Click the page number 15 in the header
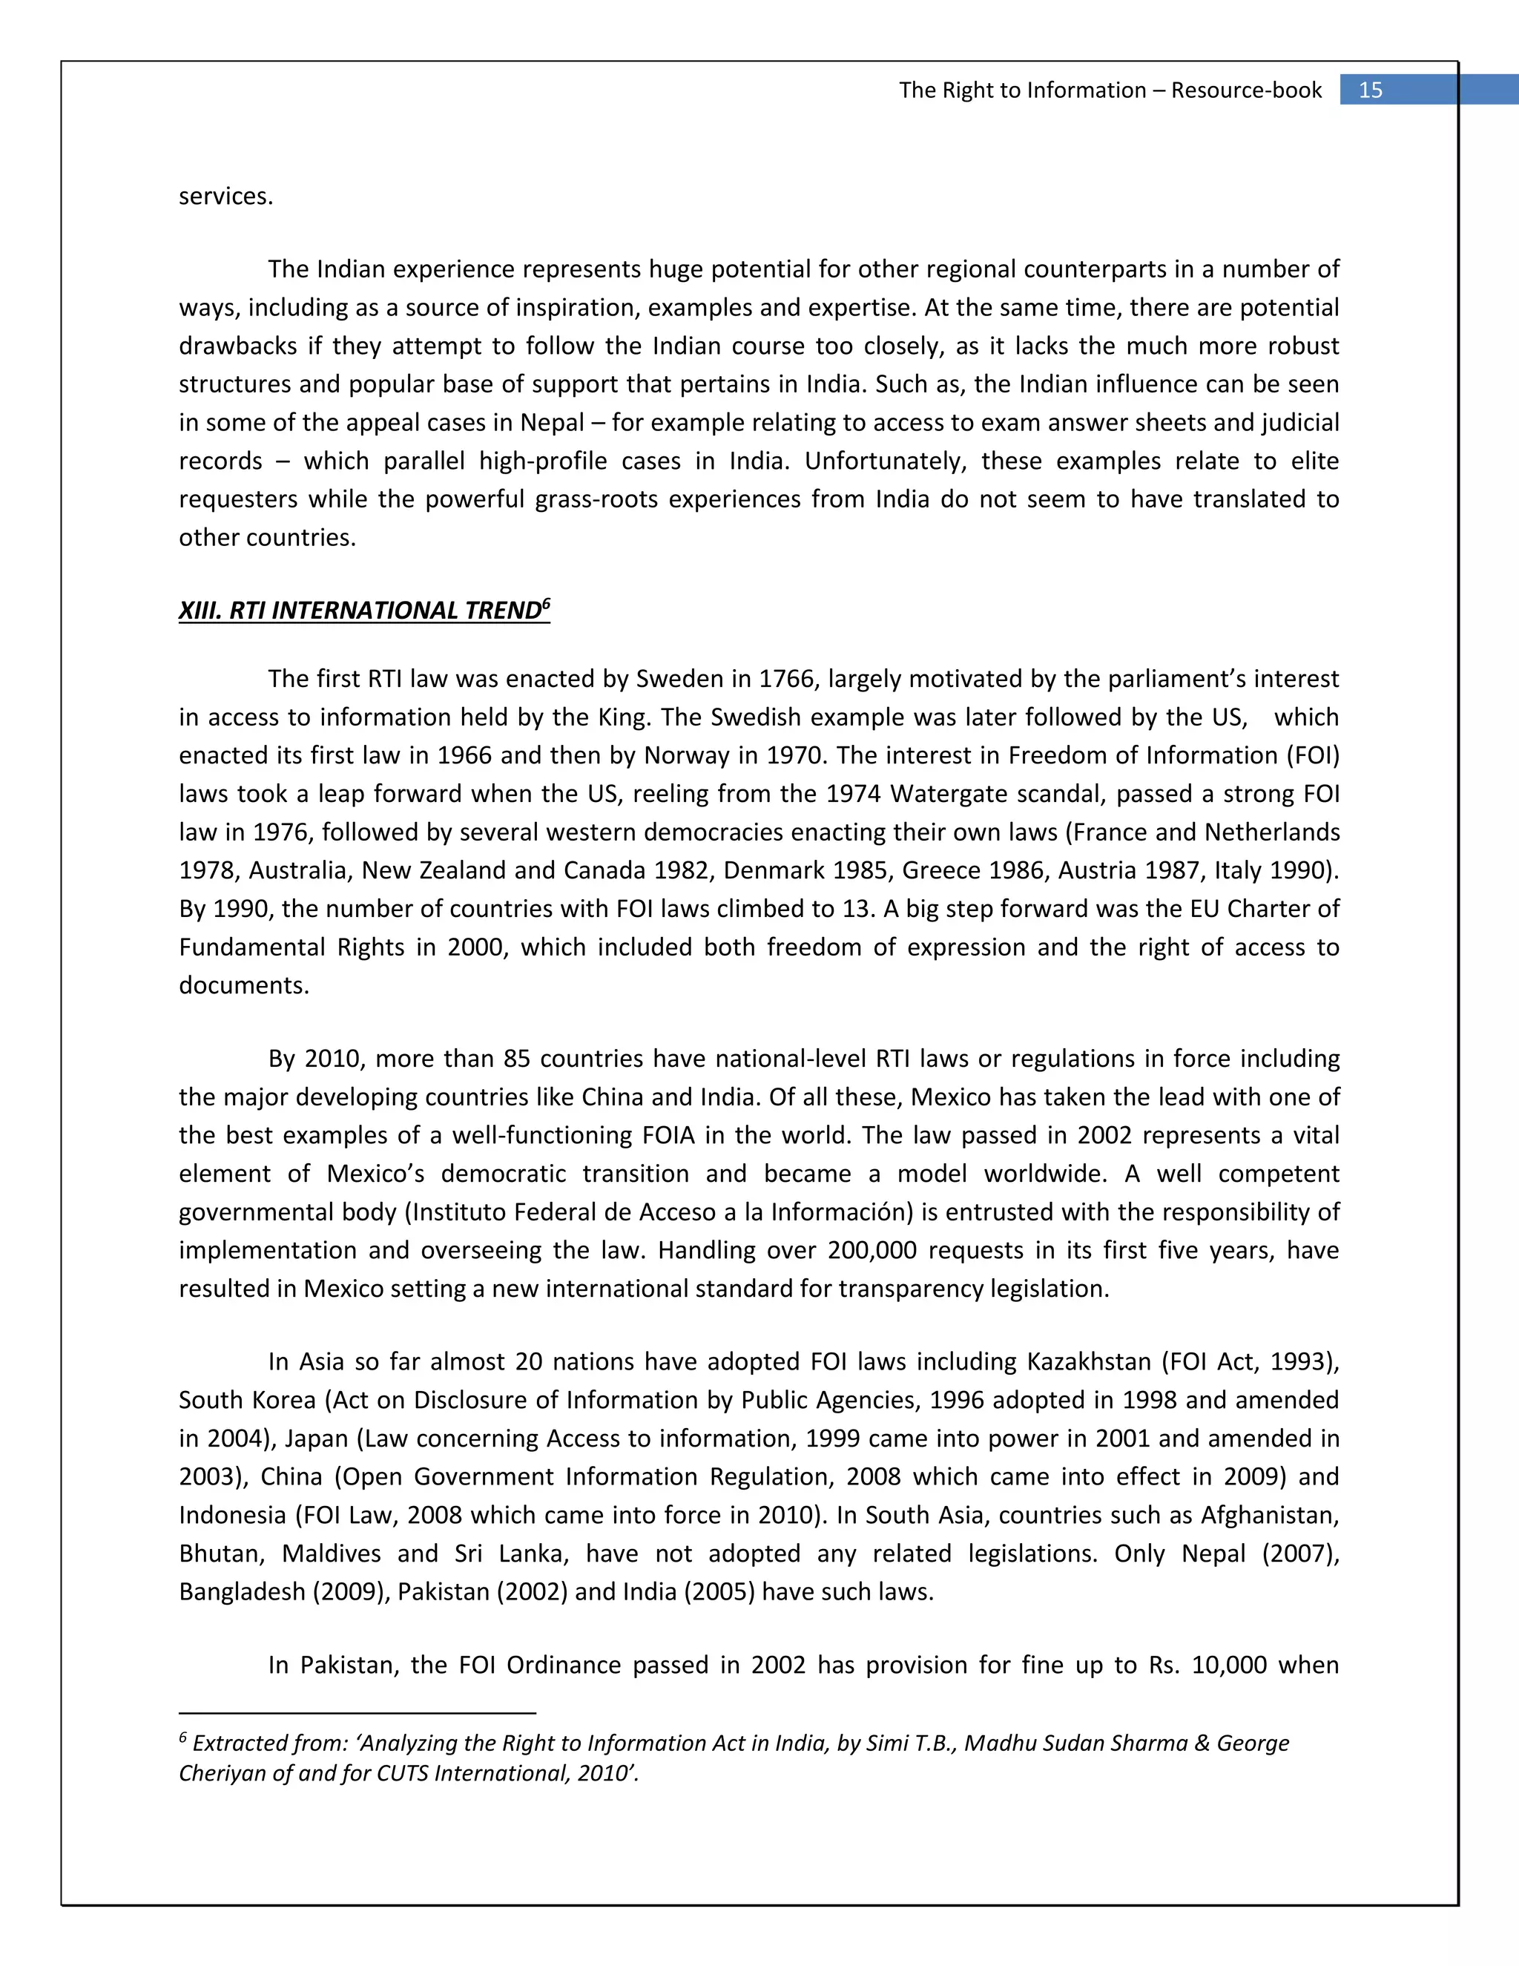click(1370, 90)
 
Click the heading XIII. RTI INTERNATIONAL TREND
click(359, 611)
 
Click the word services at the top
click(225, 197)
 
